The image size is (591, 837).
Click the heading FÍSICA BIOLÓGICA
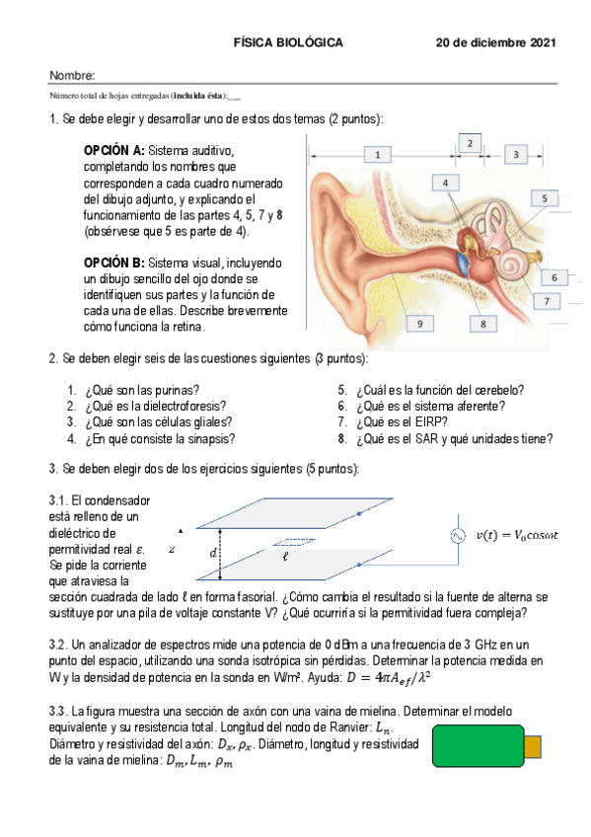pyautogui.click(x=288, y=43)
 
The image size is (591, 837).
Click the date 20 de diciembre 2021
pyautogui.click(x=496, y=43)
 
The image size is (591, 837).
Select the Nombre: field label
pyautogui.click(x=71, y=76)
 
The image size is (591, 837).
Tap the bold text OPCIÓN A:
pyautogui.click(x=114, y=149)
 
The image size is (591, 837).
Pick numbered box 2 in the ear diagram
pyautogui.click(x=470, y=143)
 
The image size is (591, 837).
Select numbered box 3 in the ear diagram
pyautogui.click(x=516, y=154)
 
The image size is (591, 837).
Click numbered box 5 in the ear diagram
pyautogui.click(x=544, y=197)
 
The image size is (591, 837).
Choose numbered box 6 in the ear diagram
pyautogui.click(x=554, y=277)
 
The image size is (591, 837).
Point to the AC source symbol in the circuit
pyautogui.click(x=459, y=536)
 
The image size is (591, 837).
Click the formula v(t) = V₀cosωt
pyautogui.click(x=517, y=536)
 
